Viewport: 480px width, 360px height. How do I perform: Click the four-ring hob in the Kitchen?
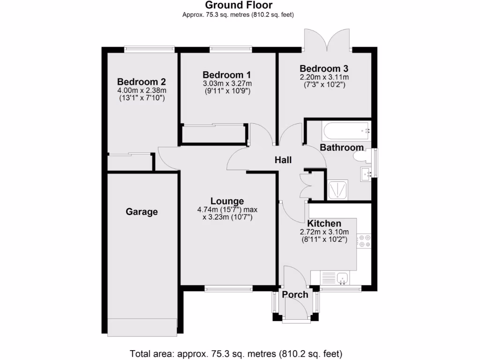(x=364, y=241)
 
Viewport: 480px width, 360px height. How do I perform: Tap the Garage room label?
(x=142, y=212)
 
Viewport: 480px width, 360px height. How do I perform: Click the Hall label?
(x=283, y=160)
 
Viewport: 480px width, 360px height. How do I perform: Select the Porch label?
(x=295, y=294)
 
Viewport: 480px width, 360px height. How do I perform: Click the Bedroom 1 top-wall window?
(x=230, y=48)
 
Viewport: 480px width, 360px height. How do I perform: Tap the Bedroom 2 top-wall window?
(x=149, y=48)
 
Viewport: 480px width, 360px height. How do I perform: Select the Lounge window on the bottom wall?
(x=228, y=289)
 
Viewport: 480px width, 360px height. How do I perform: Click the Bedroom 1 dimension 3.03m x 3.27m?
(x=227, y=83)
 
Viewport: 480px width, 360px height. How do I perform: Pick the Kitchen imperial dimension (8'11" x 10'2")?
(x=324, y=239)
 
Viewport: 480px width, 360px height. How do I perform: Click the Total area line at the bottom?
(x=236, y=353)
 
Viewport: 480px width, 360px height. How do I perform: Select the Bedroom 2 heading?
(x=141, y=82)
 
